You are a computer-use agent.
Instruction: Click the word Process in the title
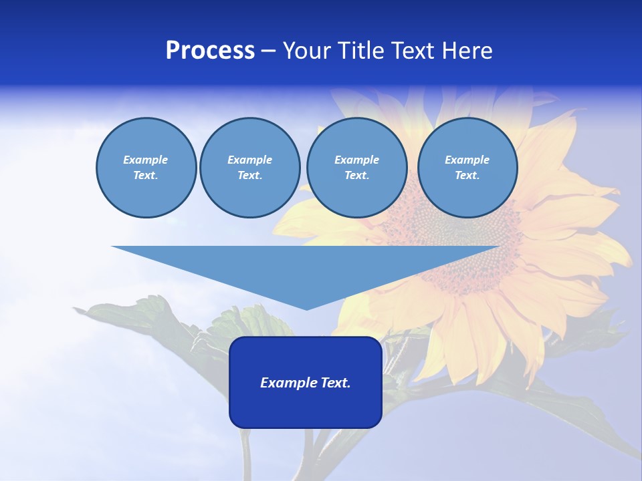click(210, 51)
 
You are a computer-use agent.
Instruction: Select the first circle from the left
click(146, 168)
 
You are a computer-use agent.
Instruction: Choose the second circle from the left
click(249, 168)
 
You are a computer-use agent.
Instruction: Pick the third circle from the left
click(356, 168)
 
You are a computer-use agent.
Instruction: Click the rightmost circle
click(467, 168)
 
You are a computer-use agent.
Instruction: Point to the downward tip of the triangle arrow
click(306, 309)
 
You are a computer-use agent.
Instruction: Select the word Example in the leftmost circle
click(146, 160)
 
